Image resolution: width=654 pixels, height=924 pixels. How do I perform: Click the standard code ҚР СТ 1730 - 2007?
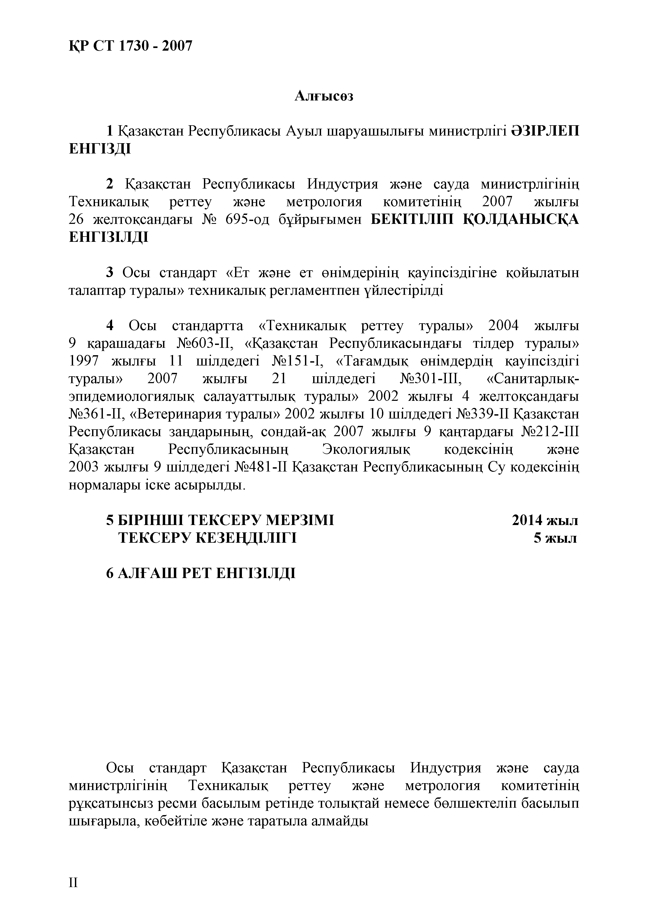(131, 47)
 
